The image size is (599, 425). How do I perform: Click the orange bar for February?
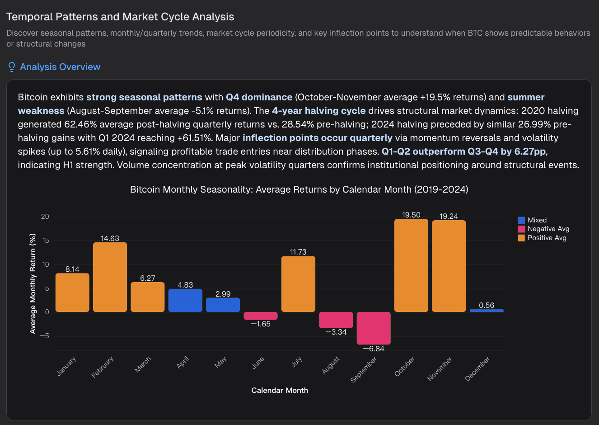click(x=110, y=277)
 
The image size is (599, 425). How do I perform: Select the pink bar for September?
click(x=374, y=328)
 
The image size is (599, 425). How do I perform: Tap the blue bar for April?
click(x=185, y=300)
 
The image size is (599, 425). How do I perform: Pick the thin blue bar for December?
click(x=487, y=311)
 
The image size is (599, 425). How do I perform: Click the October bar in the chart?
click(x=411, y=265)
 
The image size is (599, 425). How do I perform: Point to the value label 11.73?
click(x=298, y=252)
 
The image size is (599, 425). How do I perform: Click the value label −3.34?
click(x=336, y=332)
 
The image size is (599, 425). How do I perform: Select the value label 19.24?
click(x=449, y=216)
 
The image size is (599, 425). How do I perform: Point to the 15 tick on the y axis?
click(x=45, y=241)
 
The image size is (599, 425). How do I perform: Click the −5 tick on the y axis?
click(x=44, y=336)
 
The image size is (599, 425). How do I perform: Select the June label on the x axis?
click(x=258, y=363)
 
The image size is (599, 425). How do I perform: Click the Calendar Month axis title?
click(x=280, y=390)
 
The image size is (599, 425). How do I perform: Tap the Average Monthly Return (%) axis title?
click(x=33, y=283)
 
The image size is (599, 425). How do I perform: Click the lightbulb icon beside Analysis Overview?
click(x=12, y=67)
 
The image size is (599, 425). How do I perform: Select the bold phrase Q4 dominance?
click(x=259, y=97)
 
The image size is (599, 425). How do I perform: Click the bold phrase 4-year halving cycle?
click(x=318, y=111)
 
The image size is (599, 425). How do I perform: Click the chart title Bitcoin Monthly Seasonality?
click(x=299, y=189)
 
